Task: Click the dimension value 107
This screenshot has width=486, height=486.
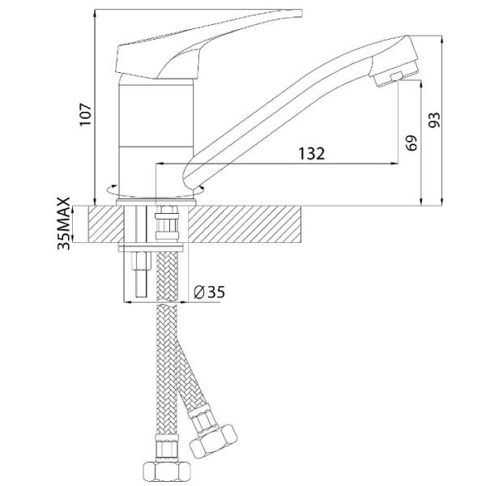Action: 86,114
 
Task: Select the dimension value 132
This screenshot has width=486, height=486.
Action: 311,153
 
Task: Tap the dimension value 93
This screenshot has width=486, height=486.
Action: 434,120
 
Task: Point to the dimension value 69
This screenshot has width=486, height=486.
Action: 411,143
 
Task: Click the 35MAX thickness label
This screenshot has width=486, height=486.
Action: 64,224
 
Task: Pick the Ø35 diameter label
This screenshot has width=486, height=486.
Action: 209,292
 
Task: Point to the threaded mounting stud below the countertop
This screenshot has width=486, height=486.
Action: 140,274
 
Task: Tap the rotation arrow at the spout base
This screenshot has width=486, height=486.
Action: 200,188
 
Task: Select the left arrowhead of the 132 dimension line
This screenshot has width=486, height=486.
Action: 160,163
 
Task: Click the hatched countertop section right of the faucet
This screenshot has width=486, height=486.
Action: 245,224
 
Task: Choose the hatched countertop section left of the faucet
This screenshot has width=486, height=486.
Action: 106,224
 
